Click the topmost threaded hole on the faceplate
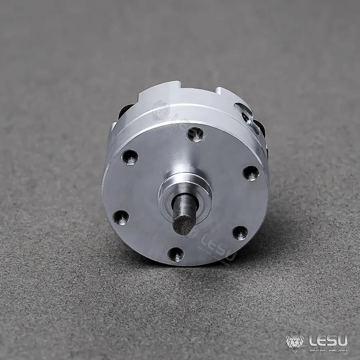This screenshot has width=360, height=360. [x=195, y=134]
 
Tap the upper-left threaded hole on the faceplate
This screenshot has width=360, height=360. [x=130, y=157]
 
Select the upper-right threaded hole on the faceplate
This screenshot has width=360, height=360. [x=251, y=173]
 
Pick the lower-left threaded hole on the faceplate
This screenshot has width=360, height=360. [x=121, y=217]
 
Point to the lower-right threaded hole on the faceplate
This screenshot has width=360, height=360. [x=240, y=233]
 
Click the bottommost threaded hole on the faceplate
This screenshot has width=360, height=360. [x=176, y=255]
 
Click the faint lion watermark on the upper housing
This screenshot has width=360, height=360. [x=160, y=110]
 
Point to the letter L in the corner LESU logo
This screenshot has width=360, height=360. [x=311, y=339]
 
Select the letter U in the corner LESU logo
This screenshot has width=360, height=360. [x=342, y=339]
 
